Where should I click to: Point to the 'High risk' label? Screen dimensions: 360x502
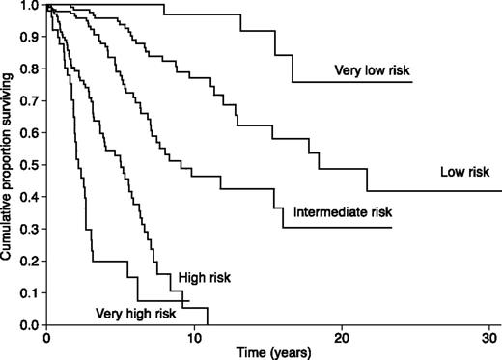coord(201,278)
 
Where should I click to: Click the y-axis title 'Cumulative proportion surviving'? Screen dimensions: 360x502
coord(9,164)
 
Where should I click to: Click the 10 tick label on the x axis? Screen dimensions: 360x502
coord(194,338)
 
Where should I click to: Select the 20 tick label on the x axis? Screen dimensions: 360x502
coord(342,338)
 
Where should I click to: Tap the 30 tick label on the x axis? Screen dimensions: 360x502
coord(488,338)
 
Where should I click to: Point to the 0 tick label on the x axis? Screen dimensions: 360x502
coord(46,338)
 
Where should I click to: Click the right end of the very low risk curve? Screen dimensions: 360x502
coord(412,83)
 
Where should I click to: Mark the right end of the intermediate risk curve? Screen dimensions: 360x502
coord(391,227)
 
